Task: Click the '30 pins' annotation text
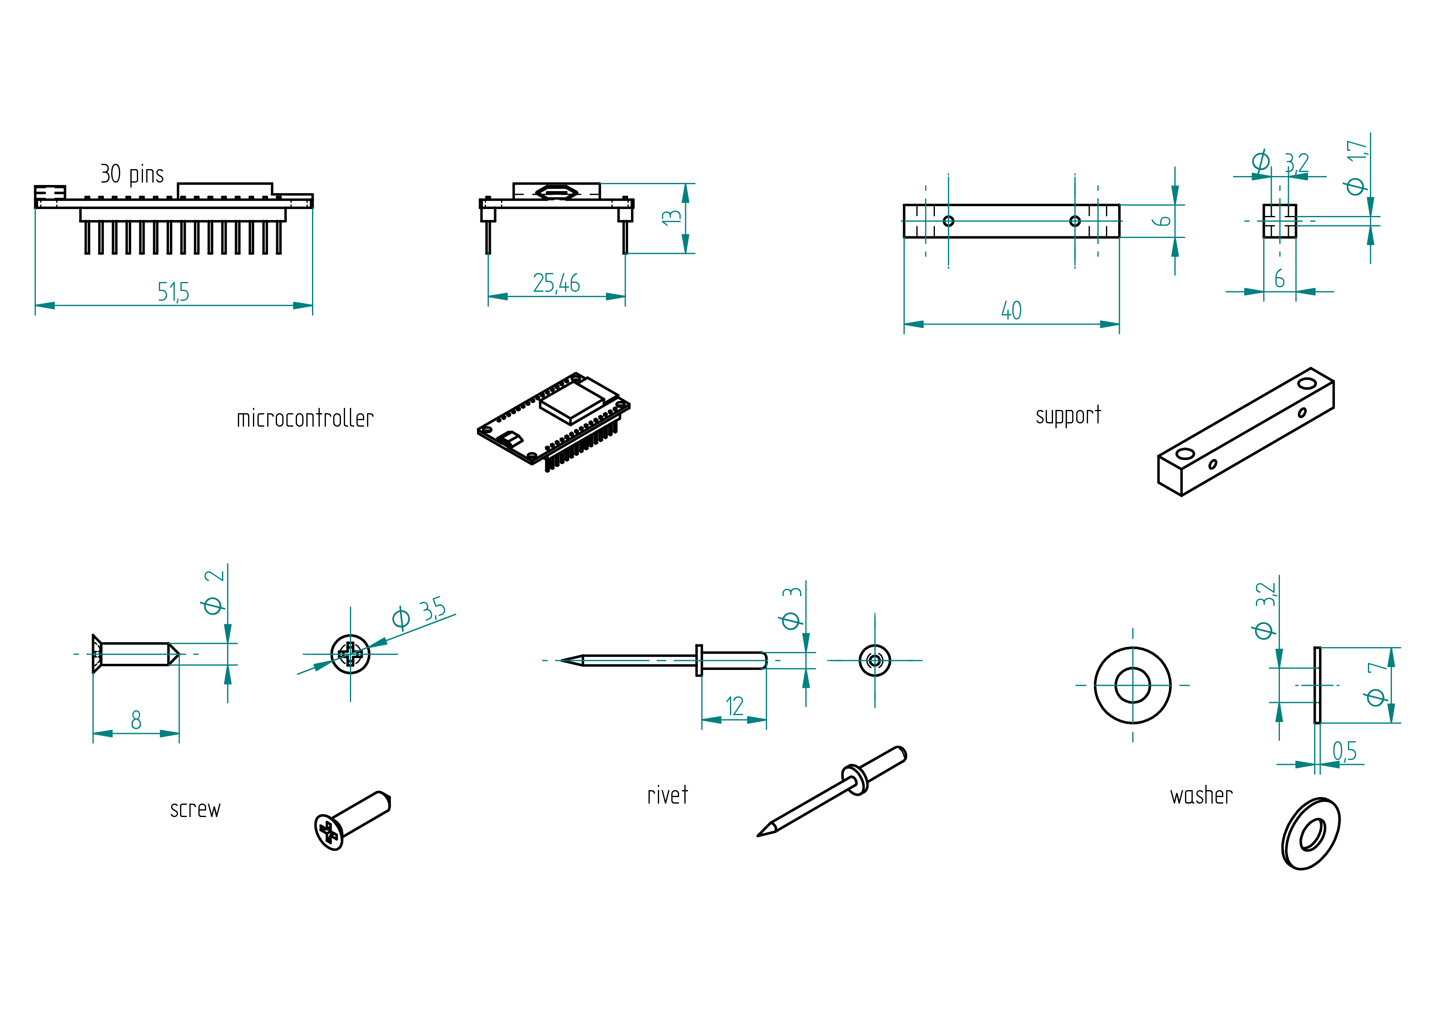tap(132, 174)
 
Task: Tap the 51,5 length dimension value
tap(173, 291)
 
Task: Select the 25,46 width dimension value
tap(556, 283)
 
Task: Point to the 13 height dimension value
tap(672, 217)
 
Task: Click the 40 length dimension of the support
tap(1011, 311)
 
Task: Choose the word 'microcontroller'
tap(305, 418)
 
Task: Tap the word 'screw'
tap(196, 809)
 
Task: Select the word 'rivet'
tap(667, 795)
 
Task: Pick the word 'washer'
tap(1201, 795)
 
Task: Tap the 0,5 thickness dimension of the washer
tap(1344, 751)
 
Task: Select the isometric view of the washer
tap(1311, 834)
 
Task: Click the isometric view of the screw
tap(352, 821)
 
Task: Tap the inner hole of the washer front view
tap(1133, 685)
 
